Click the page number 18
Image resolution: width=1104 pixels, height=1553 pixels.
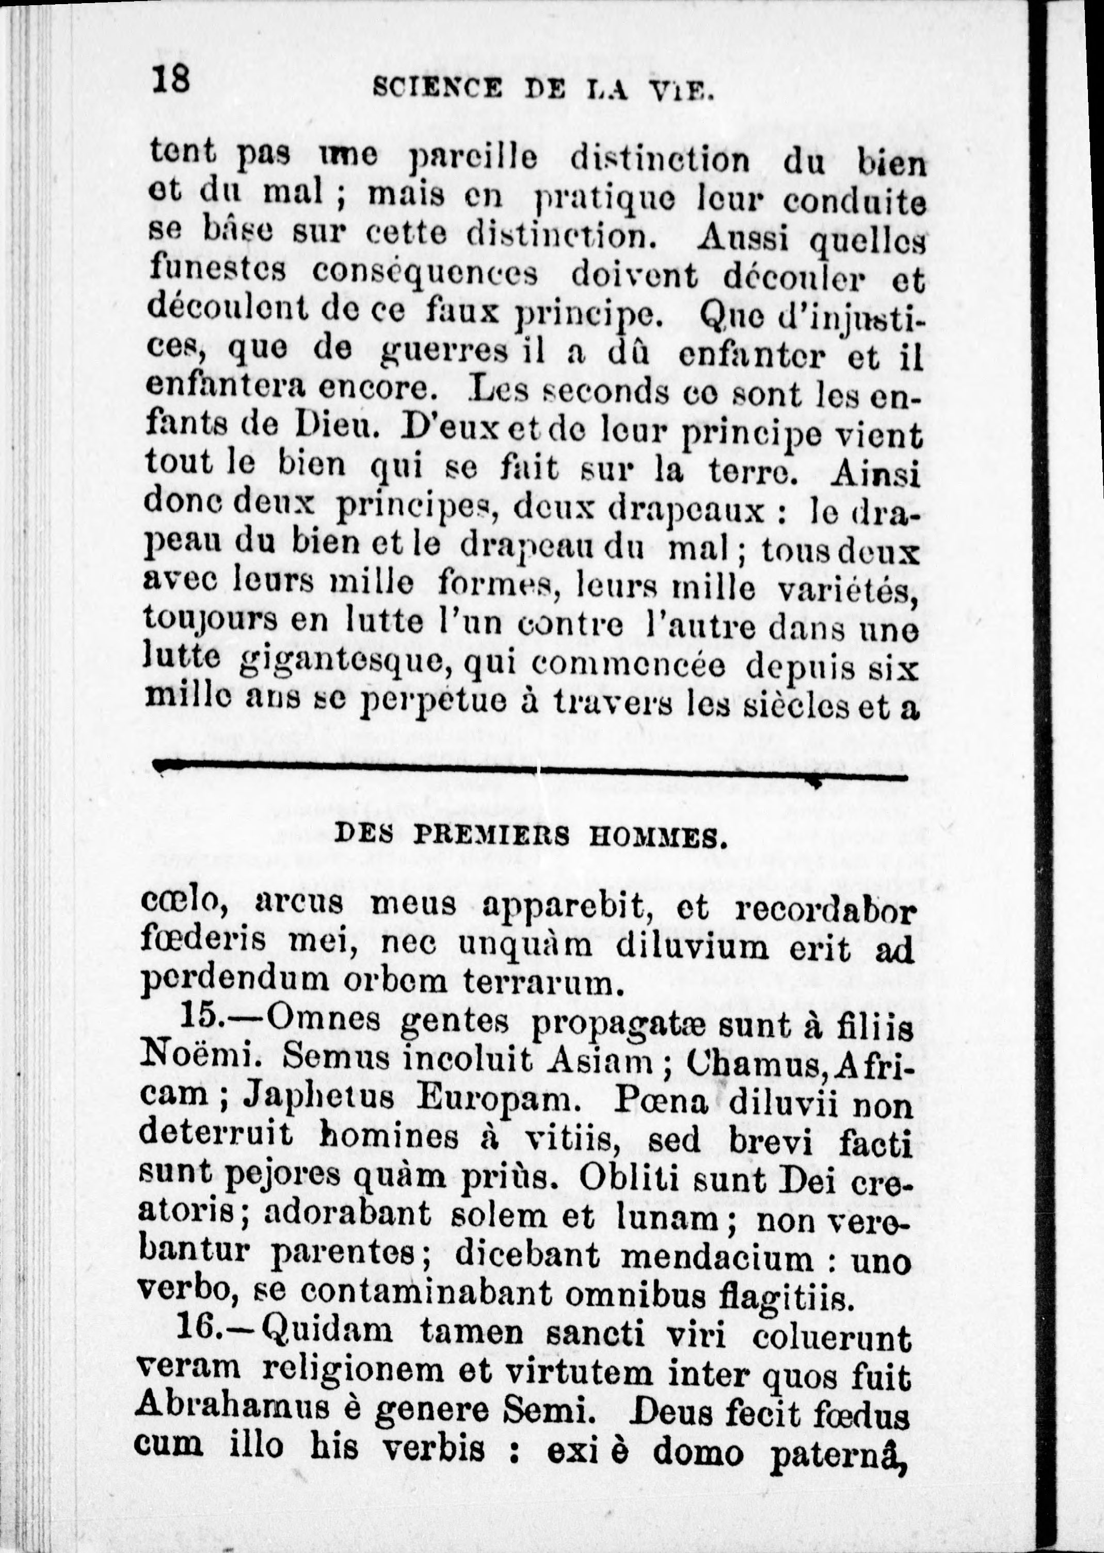tap(171, 80)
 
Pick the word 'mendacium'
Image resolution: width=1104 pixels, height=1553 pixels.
tap(716, 1258)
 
